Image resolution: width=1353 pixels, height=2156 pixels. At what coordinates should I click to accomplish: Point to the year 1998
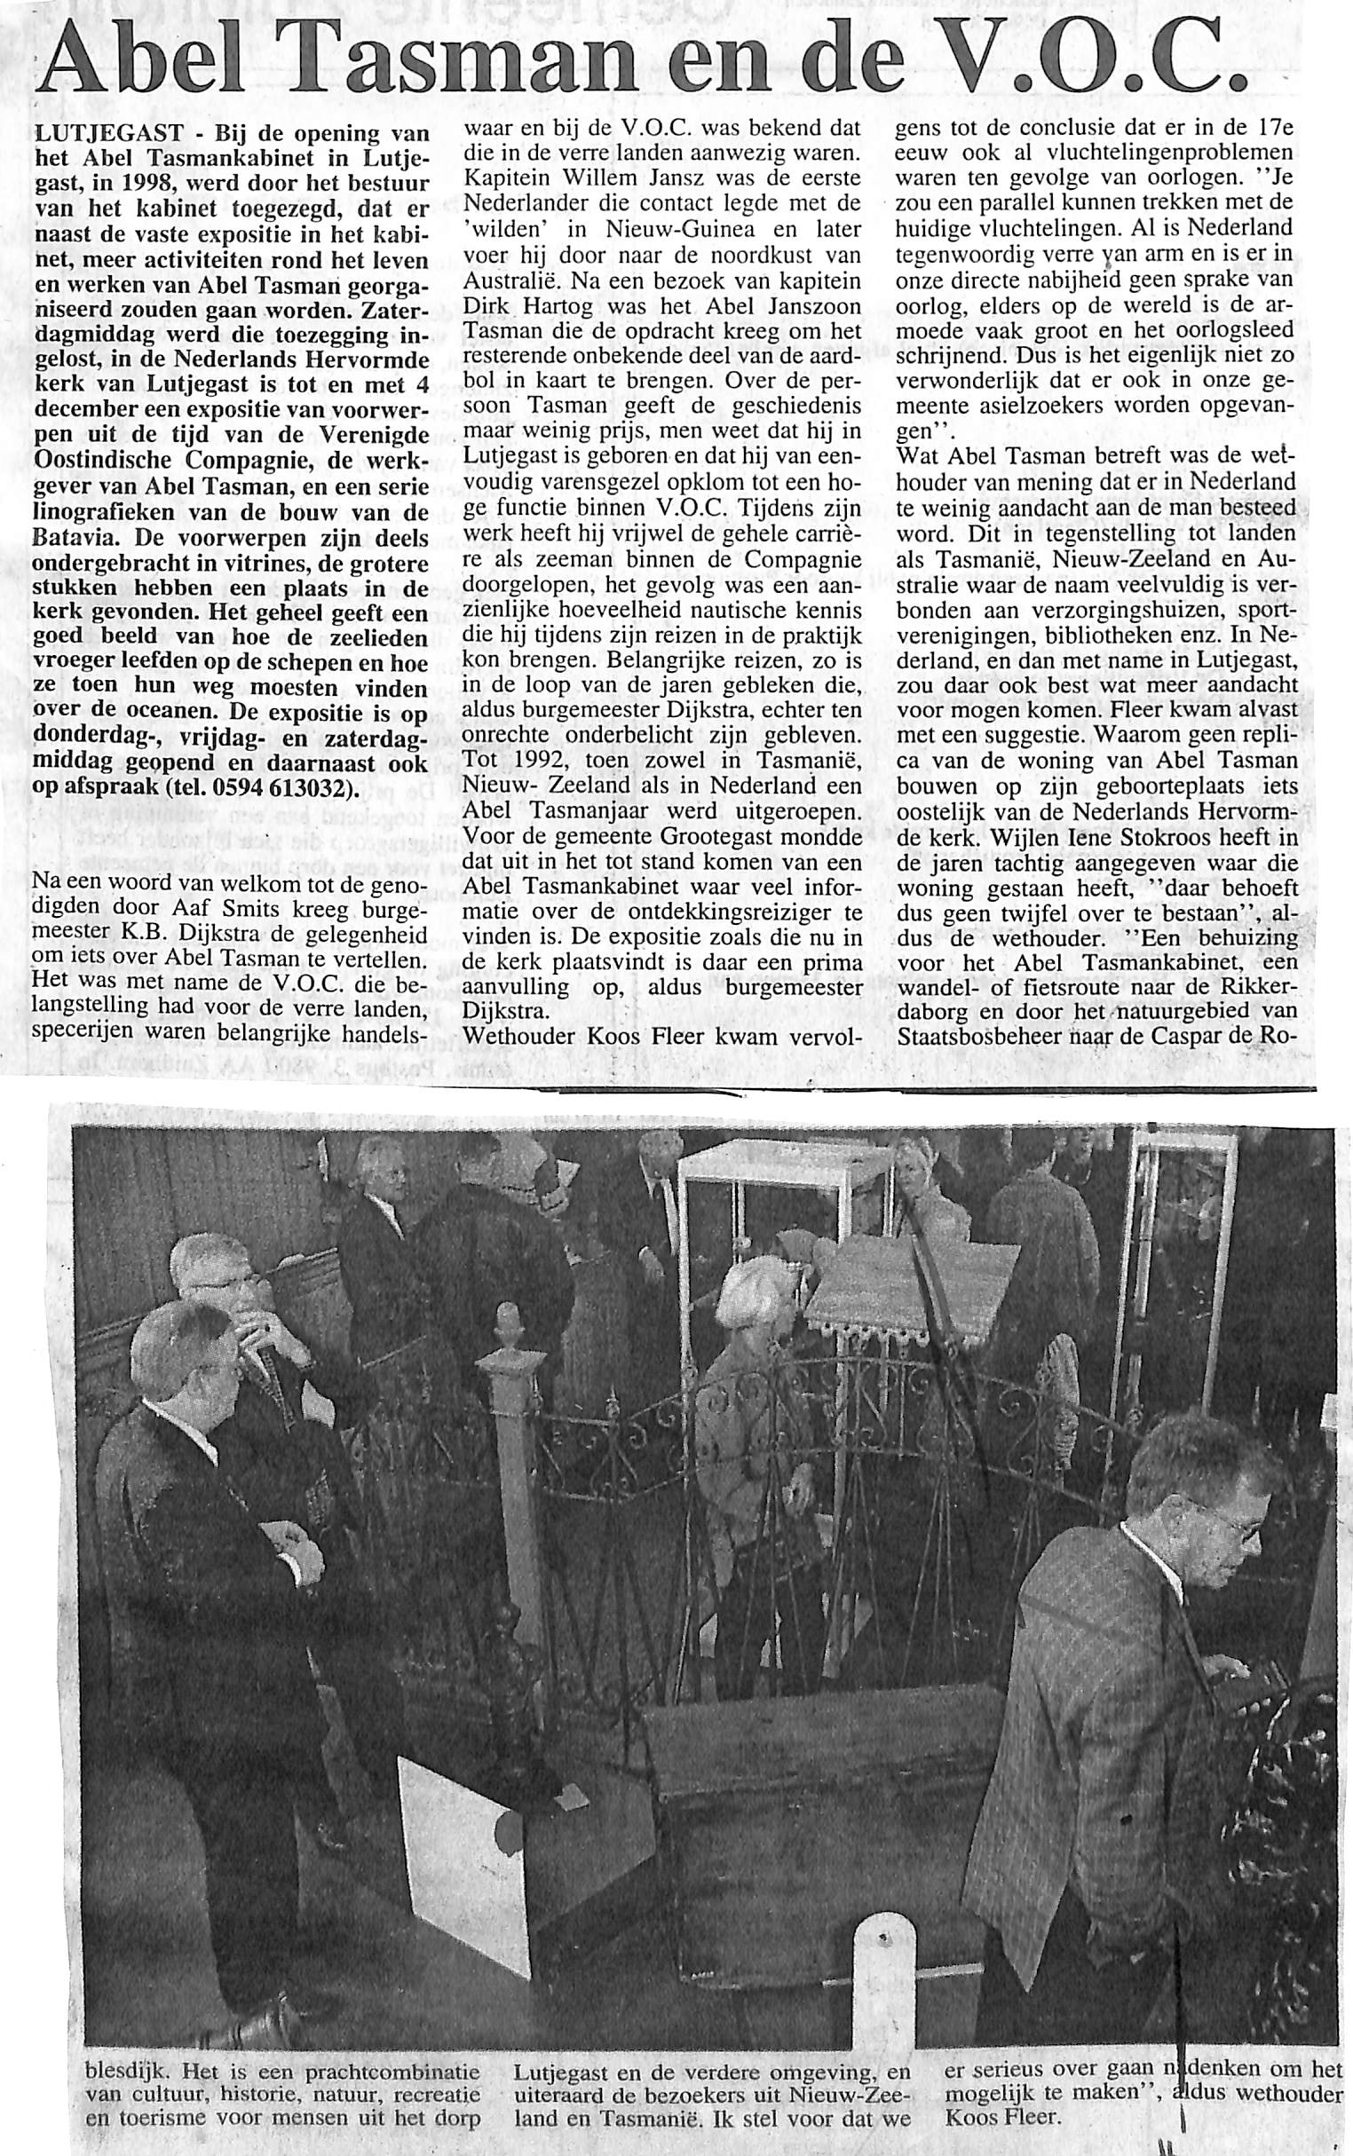pos(147,184)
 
